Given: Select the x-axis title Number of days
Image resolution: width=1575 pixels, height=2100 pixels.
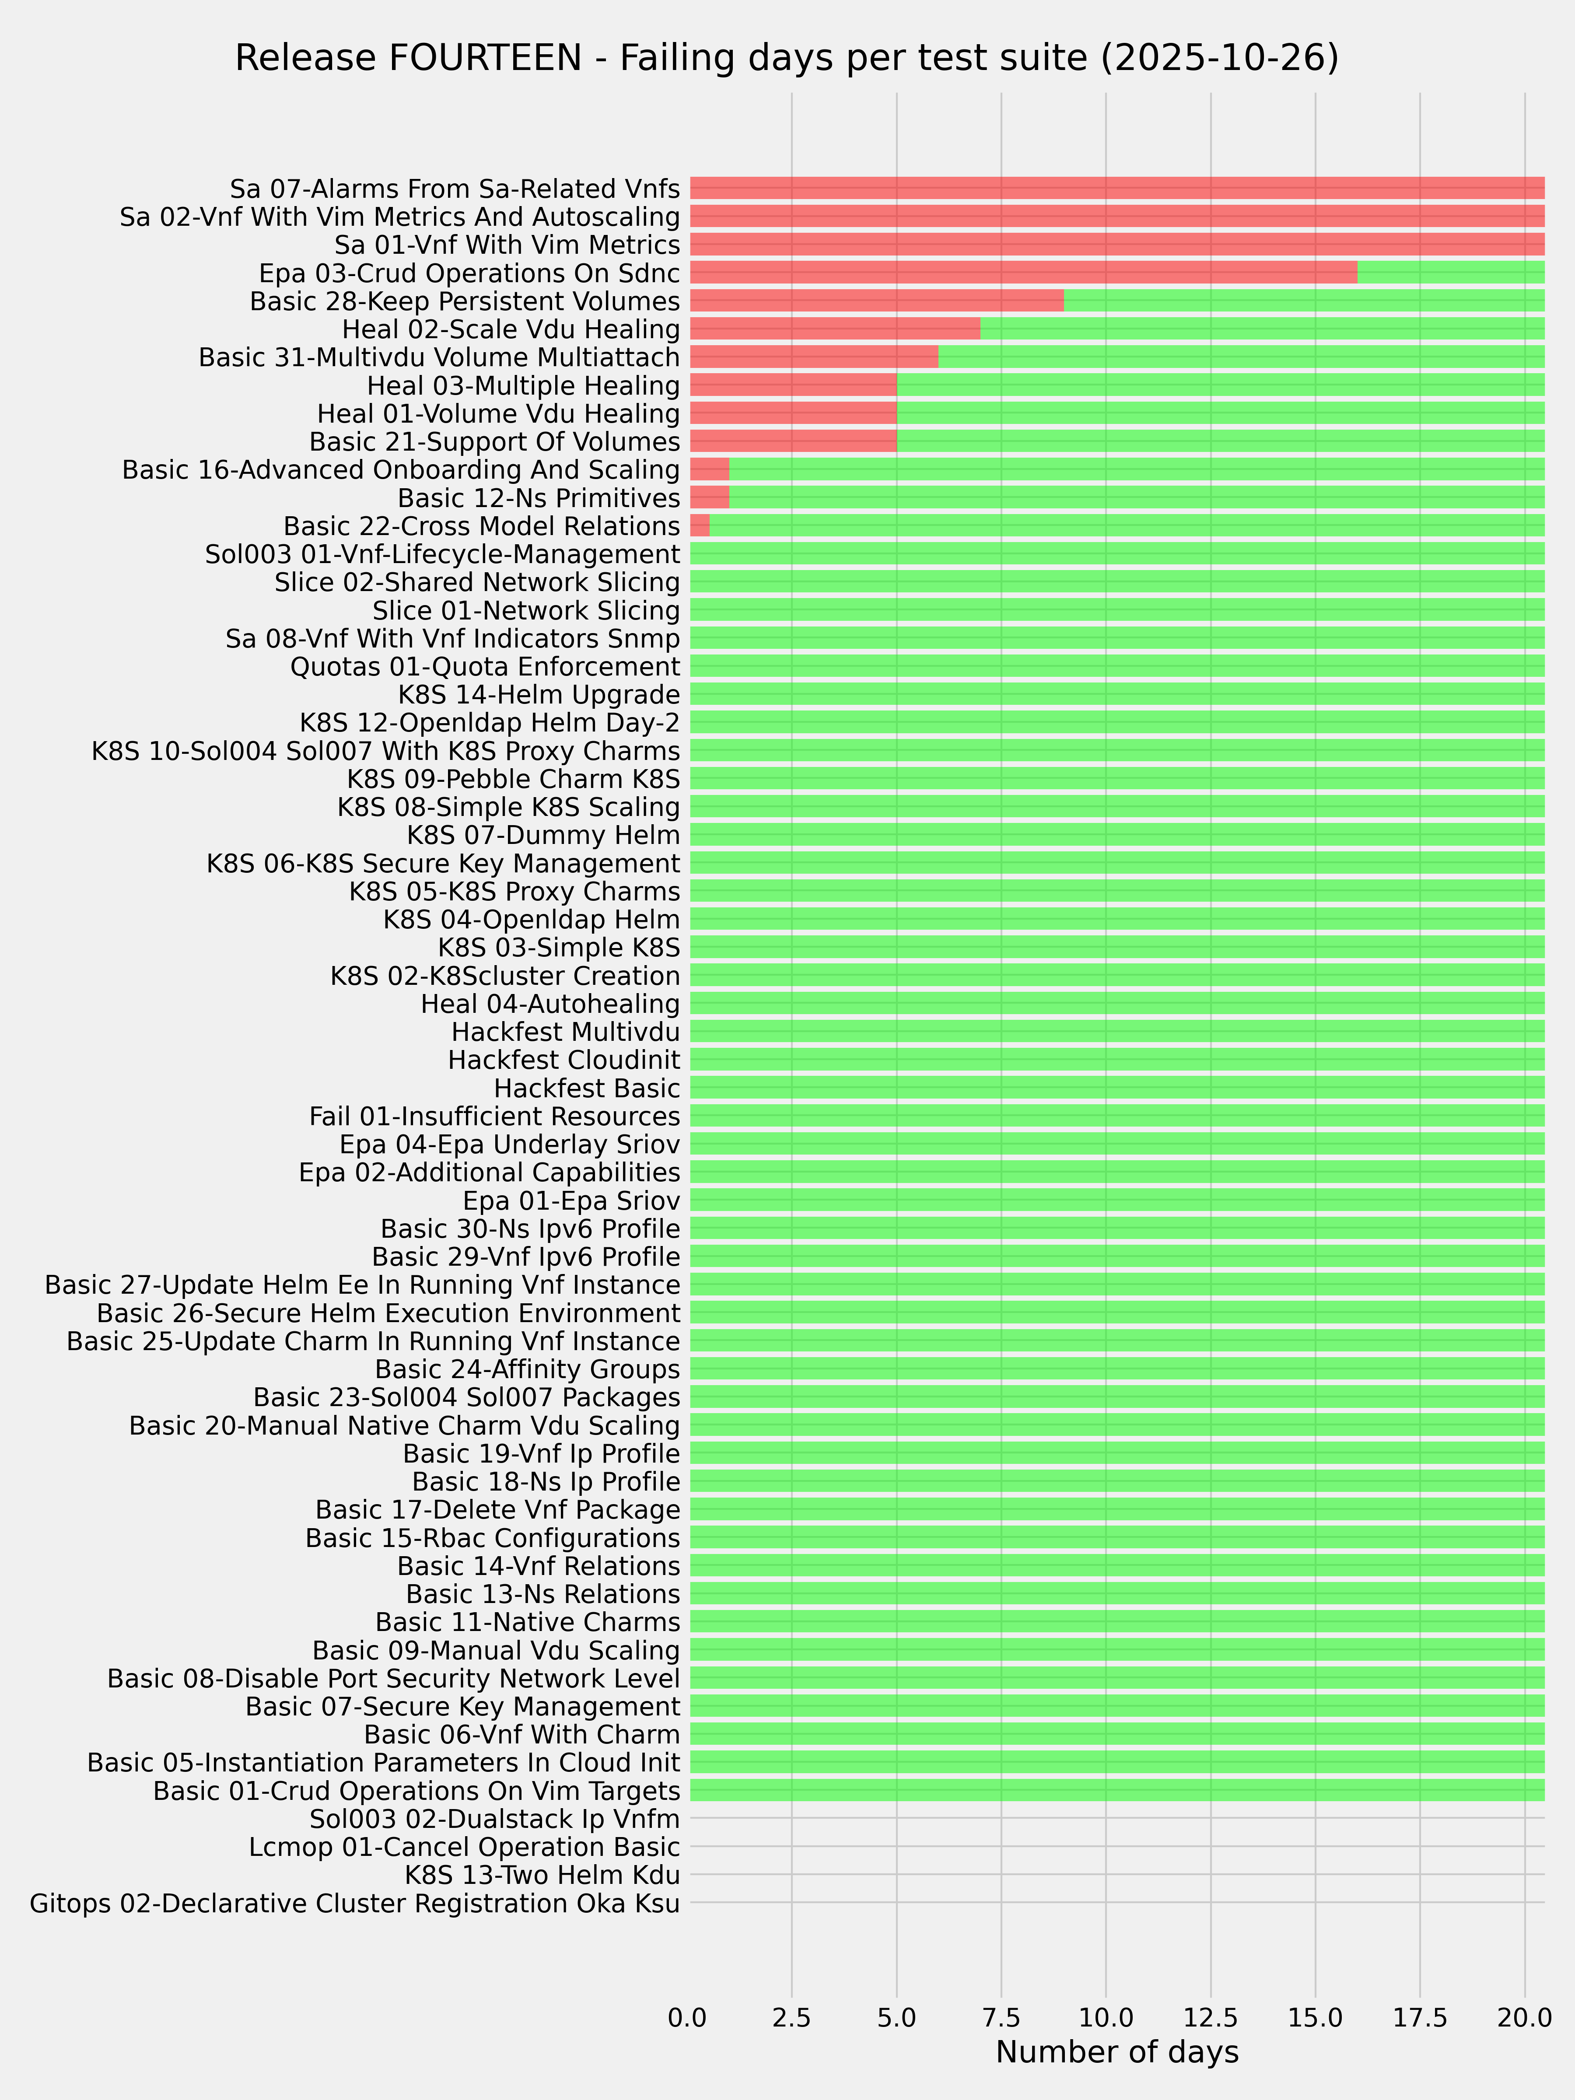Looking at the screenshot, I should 1116,2051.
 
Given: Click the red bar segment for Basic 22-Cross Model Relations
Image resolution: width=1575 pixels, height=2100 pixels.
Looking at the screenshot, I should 700,526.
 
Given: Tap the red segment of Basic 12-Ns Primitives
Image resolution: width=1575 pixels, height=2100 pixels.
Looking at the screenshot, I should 709,497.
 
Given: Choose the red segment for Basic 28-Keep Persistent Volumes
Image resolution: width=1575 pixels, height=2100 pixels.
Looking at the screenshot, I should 877,301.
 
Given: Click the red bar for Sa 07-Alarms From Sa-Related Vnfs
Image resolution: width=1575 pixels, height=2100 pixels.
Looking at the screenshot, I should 1116,188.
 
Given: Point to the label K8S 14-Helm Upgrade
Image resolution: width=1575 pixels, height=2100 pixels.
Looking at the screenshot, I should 538,695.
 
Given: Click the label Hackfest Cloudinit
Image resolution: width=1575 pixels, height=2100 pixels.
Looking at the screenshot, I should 564,1060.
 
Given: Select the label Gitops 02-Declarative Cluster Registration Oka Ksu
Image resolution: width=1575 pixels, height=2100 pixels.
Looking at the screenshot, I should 355,1904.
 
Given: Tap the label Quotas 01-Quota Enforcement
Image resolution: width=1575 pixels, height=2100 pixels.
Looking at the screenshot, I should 485,666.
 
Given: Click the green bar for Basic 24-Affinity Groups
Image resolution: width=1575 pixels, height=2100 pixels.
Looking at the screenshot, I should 1116,1369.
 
